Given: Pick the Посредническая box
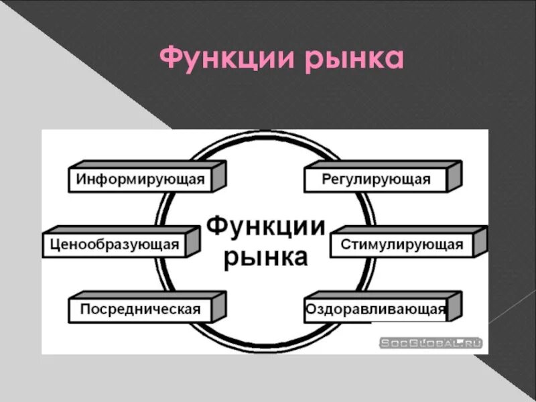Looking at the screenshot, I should point(140,310).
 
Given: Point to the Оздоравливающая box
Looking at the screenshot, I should point(375,310).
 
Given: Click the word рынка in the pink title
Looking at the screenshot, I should point(354,61).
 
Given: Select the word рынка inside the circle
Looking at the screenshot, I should point(265,257).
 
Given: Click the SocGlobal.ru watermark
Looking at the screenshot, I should point(431,343).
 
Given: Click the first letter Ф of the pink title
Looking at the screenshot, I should point(173,59).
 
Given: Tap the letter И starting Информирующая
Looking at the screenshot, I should point(81,180).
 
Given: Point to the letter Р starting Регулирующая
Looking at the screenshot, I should point(326,180).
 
